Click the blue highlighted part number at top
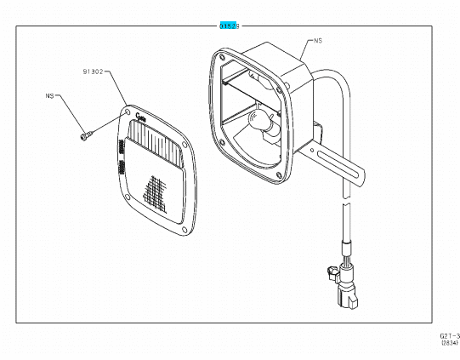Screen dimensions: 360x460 (x=227, y=26)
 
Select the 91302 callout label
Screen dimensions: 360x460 (x=93, y=72)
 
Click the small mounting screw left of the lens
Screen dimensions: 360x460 (x=83, y=133)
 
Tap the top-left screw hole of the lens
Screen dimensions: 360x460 (x=127, y=111)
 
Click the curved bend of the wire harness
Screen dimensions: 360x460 (x=337, y=82)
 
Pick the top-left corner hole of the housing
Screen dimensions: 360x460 (x=222, y=56)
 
